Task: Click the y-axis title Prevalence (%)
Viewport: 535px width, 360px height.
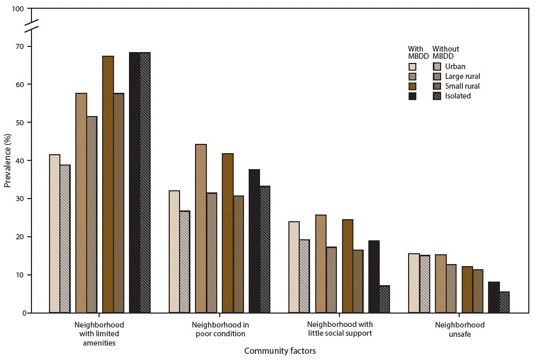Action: (8, 161)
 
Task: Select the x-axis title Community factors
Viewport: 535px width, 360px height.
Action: (280, 351)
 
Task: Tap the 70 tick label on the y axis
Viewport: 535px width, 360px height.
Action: (20, 46)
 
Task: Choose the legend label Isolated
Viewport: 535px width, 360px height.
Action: (458, 96)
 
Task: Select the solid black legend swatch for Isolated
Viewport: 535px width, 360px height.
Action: (413, 96)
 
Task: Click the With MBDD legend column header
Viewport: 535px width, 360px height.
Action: (415, 53)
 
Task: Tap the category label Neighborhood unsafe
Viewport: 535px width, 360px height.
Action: (460, 329)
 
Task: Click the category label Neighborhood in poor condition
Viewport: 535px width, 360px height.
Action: (220, 329)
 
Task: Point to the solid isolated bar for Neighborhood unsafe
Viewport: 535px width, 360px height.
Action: (493, 297)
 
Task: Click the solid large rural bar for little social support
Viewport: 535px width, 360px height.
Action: (320, 264)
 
